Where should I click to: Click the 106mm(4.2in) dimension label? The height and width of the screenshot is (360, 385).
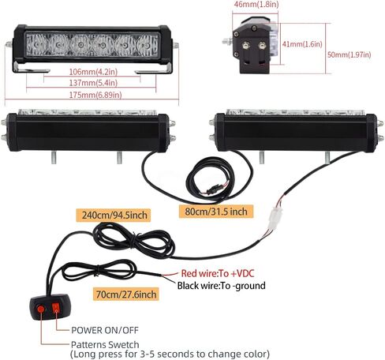coord(93,72)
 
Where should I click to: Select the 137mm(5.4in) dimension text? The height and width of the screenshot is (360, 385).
coord(93,83)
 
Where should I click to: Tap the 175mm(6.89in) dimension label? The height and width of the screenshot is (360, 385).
coord(95,95)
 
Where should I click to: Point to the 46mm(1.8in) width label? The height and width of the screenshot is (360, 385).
coord(256,4)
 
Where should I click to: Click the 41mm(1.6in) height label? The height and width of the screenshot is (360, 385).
coord(302,43)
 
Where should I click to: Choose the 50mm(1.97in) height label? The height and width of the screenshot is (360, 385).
coord(349,54)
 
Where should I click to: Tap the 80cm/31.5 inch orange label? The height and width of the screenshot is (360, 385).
coord(216,212)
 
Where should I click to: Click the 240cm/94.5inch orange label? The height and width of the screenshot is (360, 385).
coord(114,215)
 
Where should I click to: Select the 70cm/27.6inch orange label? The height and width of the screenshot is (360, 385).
coord(126,294)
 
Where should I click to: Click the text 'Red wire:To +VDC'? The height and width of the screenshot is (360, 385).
coord(218,273)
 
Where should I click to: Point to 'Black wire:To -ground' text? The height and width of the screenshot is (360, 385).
coord(222,286)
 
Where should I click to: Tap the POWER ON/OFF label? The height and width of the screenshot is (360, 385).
coord(105,330)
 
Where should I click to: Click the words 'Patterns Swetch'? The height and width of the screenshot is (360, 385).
coord(105,344)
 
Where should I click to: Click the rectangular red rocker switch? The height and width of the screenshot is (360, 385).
coord(55,307)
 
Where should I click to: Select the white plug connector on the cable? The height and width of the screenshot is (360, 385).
coord(275,219)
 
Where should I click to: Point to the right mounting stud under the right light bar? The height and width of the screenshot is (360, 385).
coord(327,157)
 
